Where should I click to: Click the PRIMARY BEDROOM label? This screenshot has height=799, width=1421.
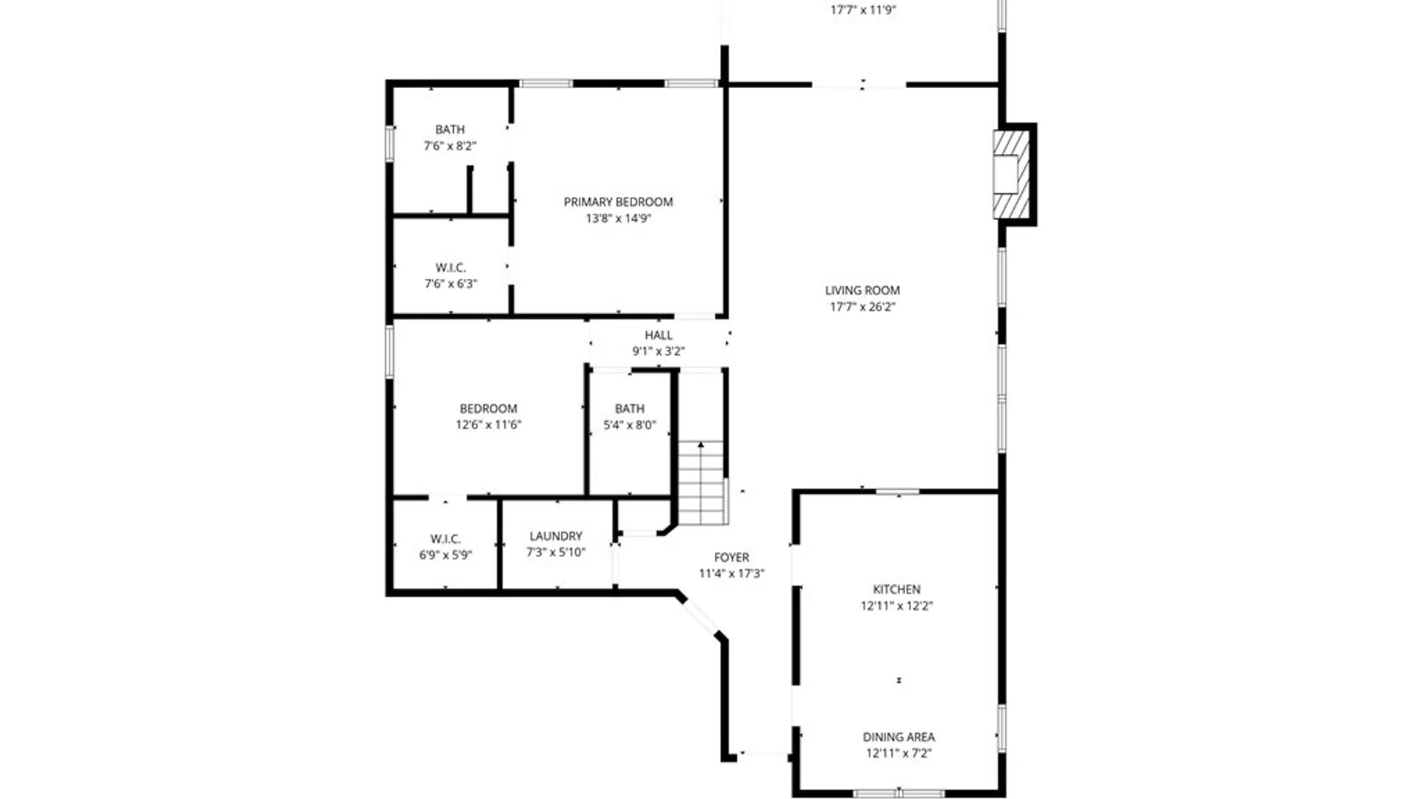point(618,202)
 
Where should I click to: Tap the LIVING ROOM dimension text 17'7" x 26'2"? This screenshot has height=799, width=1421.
point(862,307)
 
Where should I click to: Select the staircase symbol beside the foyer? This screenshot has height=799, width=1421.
point(701,482)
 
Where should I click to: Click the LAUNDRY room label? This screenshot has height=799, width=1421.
point(556,536)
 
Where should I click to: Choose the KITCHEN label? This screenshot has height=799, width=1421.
point(896,590)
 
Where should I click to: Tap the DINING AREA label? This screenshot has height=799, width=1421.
point(898,737)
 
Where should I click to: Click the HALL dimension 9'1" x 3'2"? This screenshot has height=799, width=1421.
point(658,351)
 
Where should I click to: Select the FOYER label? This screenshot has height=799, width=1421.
point(731,557)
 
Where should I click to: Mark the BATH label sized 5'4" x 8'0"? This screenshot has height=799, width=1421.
point(629,408)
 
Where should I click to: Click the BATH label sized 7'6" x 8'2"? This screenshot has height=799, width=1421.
point(450,129)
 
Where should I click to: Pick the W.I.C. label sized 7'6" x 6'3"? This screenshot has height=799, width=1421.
point(450,268)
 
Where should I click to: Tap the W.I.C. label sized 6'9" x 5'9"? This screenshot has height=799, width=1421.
point(445,539)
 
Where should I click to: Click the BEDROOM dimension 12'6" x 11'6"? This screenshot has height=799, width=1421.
point(488,425)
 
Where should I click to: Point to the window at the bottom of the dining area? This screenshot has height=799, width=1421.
point(898,793)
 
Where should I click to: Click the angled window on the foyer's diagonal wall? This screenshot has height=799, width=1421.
point(699,618)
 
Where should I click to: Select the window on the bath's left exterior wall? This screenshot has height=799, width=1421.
point(389,144)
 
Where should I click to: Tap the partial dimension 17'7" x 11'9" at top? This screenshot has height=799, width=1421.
point(863,10)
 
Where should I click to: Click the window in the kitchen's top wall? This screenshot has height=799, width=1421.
point(897,491)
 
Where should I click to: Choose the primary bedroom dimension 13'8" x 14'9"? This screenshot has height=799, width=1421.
point(618,218)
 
